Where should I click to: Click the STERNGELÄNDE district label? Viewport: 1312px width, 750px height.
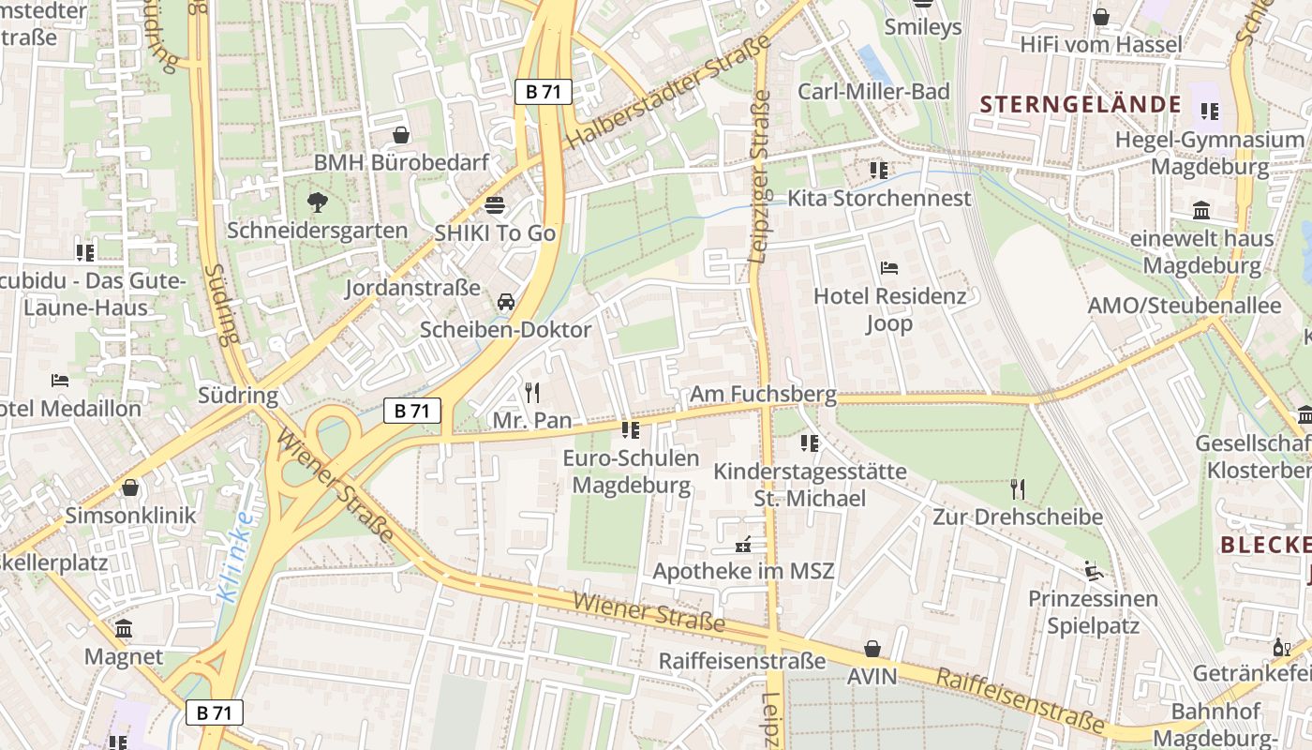1081,104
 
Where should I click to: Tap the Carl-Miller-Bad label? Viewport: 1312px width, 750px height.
873,91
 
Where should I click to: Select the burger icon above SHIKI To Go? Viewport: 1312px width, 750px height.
495,203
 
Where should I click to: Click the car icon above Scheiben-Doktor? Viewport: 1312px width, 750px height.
506,301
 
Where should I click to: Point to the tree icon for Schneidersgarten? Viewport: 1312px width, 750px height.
318,202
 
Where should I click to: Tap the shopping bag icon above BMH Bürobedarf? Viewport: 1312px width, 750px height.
401,135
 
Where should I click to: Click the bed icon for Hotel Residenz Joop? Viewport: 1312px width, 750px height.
889,268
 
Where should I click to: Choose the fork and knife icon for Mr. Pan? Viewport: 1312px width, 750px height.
532,392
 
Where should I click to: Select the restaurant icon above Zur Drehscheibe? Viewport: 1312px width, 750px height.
1018,488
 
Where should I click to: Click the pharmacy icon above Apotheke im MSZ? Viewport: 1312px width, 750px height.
743,543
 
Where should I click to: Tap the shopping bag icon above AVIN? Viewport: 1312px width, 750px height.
872,649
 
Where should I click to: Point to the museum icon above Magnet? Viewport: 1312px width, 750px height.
124,629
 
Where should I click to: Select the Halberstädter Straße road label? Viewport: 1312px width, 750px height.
667,92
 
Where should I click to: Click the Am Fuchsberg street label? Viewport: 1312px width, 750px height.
763,395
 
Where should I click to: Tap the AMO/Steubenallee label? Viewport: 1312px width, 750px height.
1184,306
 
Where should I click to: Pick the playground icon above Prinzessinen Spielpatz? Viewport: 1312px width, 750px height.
1093,570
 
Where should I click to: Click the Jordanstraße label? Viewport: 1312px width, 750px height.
412,287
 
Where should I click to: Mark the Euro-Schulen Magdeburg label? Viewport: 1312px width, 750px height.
631,472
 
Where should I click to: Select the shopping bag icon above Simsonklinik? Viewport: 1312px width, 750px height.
130,487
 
